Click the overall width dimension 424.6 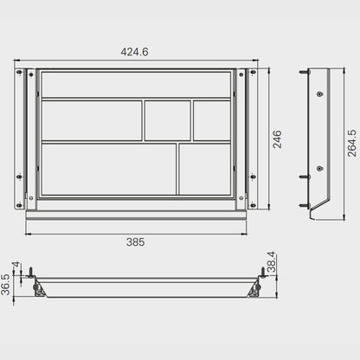point(134,52)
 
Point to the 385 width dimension point(135,242)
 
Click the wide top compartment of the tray point(135,85)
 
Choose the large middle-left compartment point(91,120)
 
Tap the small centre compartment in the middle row point(167,120)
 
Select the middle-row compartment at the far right point(212,120)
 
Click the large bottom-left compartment point(107,169)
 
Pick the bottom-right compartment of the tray point(205,169)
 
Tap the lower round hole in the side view point(319,168)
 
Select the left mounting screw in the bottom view point(33,275)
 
